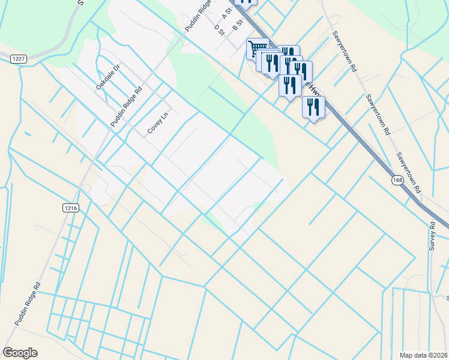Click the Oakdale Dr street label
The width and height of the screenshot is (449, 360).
(108, 77)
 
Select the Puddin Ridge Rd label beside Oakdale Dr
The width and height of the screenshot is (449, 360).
(126, 107)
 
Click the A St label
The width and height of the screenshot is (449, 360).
(227, 12)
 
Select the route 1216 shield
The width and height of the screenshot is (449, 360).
(70, 208)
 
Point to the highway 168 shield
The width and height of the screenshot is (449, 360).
(400, 181)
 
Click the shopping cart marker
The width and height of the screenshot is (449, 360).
(258, 47)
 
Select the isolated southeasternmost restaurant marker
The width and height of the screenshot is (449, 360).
(313, 107)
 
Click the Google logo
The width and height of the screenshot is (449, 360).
(20, 353)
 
